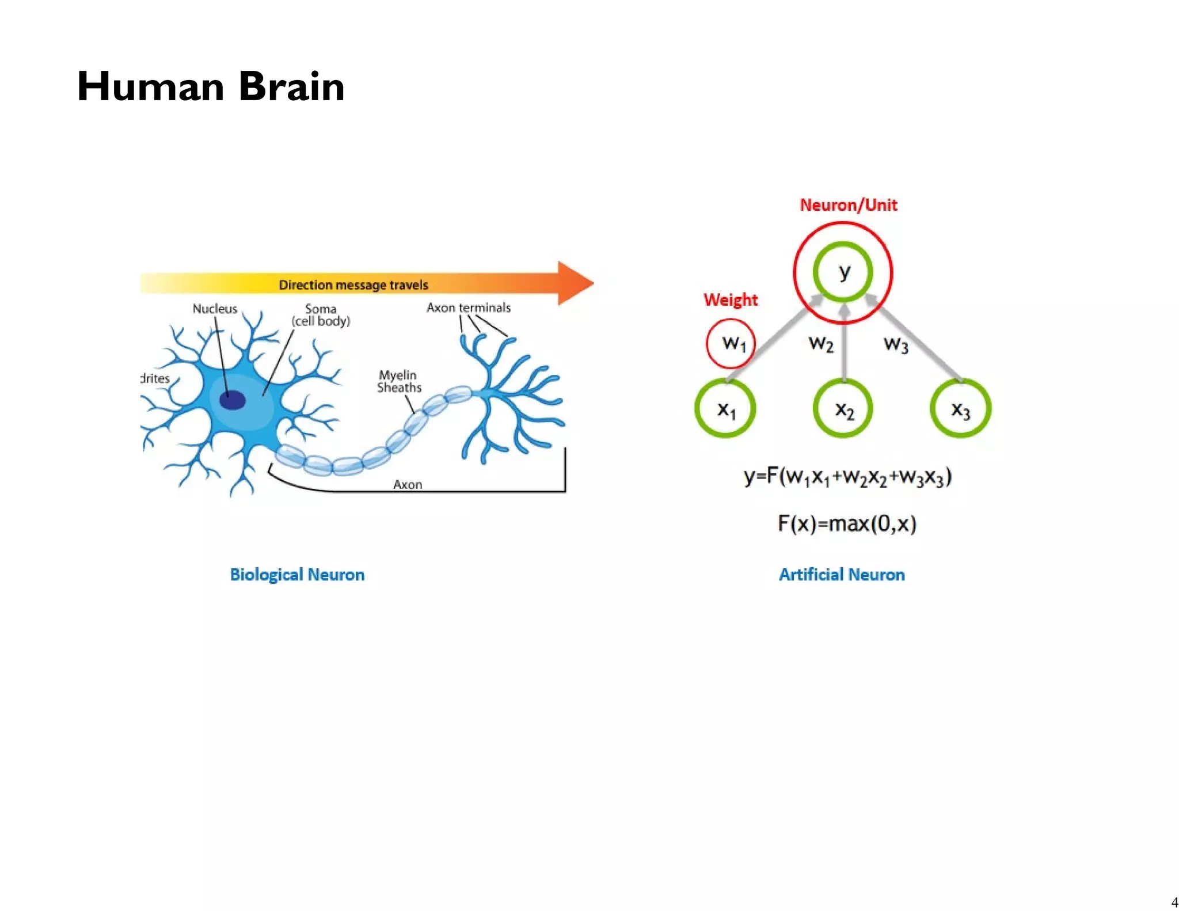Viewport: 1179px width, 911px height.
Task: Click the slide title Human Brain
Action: (211, 86)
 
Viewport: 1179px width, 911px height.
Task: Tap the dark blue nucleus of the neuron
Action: (233, 400)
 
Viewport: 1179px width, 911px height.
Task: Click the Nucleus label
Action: (215, 309)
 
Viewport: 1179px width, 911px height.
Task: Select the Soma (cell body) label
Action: (321, 315)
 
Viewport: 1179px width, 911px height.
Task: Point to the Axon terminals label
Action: (468, 308)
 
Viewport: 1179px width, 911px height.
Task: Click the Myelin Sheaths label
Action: (399, 381)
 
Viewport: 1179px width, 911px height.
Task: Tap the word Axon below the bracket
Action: (408, 484)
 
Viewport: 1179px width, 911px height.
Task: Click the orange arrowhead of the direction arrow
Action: (575, 283)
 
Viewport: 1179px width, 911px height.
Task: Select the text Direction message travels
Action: (353, 285)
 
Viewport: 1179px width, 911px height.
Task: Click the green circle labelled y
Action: (843, 271)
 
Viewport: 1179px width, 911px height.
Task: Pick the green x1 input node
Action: (725, 408)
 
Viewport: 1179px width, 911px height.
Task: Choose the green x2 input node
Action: (843, 408)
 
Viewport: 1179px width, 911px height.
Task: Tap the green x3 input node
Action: (960, 408)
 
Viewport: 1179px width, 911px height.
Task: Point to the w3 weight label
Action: (896, 344)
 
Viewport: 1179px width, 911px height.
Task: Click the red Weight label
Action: (731, 299)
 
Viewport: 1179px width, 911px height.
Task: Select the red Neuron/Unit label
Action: (848, 205)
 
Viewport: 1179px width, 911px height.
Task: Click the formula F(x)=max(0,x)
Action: (847, 523)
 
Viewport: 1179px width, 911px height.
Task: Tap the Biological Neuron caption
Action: (297, 574)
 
